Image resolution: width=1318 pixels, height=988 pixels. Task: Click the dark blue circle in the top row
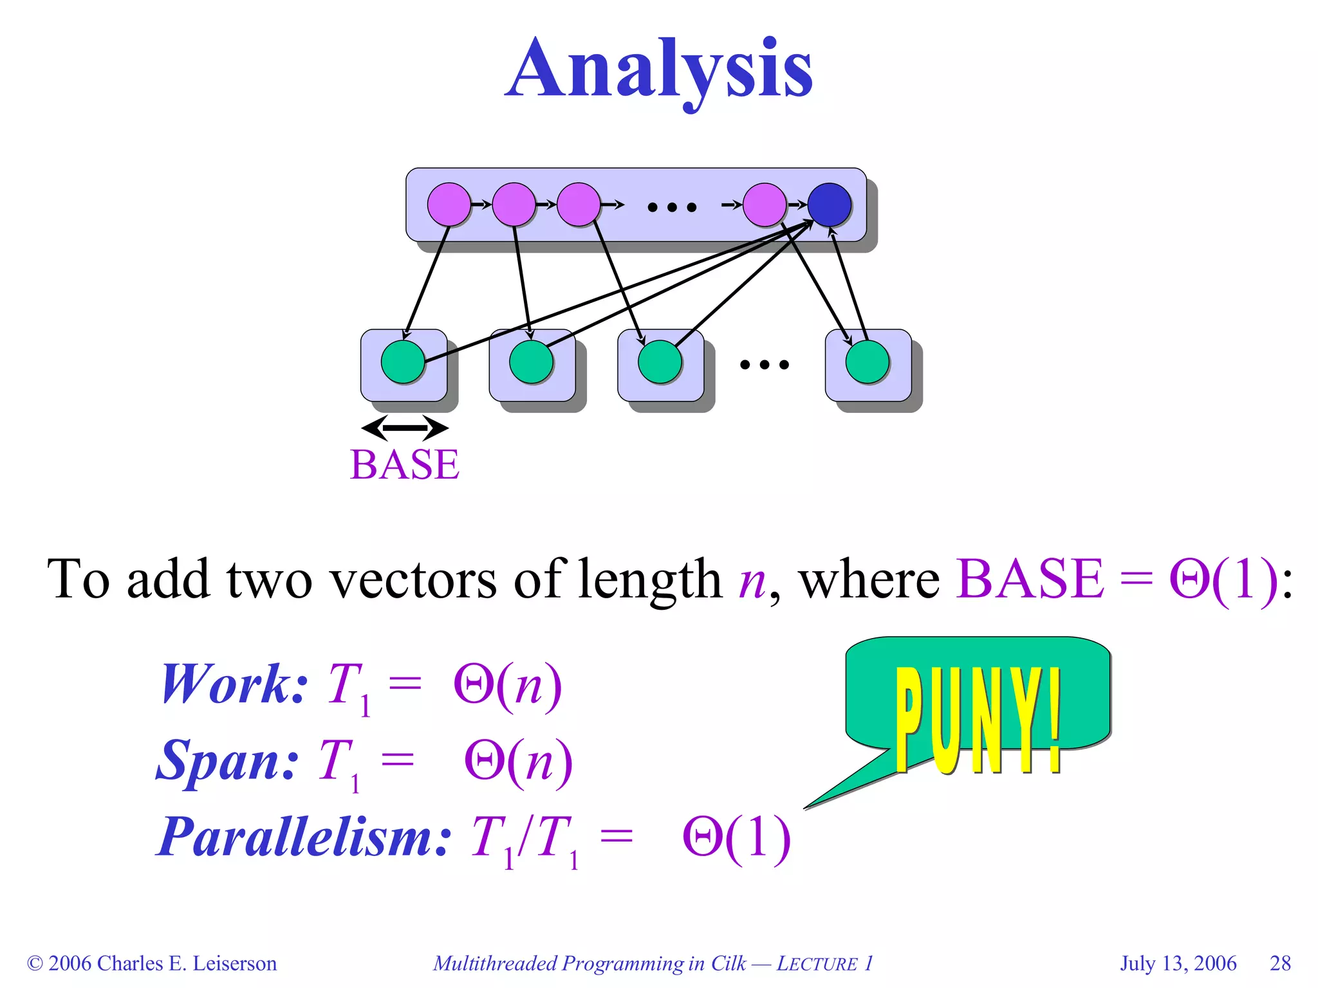point(829,205)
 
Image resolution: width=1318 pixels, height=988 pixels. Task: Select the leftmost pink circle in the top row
point(449,205)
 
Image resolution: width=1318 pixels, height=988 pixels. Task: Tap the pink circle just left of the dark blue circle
point(765,205)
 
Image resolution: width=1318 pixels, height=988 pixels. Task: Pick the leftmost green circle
point(403,362)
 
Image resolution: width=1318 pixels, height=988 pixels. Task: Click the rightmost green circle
point(867,362)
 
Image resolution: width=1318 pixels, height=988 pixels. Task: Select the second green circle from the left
point(531,362)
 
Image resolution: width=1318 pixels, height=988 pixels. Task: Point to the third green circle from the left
point(660,362)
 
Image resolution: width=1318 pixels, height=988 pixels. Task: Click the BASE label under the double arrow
point(404,464)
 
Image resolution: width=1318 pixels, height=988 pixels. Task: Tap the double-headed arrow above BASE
point(404,428)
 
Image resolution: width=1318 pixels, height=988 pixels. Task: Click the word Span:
point(228,761)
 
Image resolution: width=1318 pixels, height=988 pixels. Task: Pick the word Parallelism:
point(304,837)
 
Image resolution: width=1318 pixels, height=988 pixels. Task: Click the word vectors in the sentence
point(412,579)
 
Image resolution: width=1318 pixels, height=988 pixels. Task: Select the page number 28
point(1280,963)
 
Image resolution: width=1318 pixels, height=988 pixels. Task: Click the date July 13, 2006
point(1178,963)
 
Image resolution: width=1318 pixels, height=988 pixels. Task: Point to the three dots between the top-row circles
point(672,207)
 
